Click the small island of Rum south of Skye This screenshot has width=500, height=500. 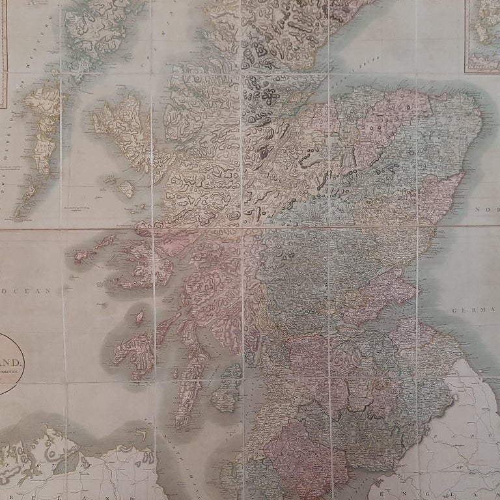[126, 189]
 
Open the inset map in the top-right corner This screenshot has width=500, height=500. [482, 36]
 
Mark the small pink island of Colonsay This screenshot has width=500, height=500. [139, 318]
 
